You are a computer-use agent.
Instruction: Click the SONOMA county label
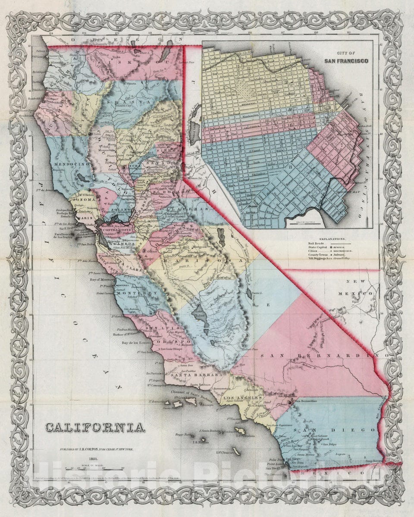click(x=91, y=199)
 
